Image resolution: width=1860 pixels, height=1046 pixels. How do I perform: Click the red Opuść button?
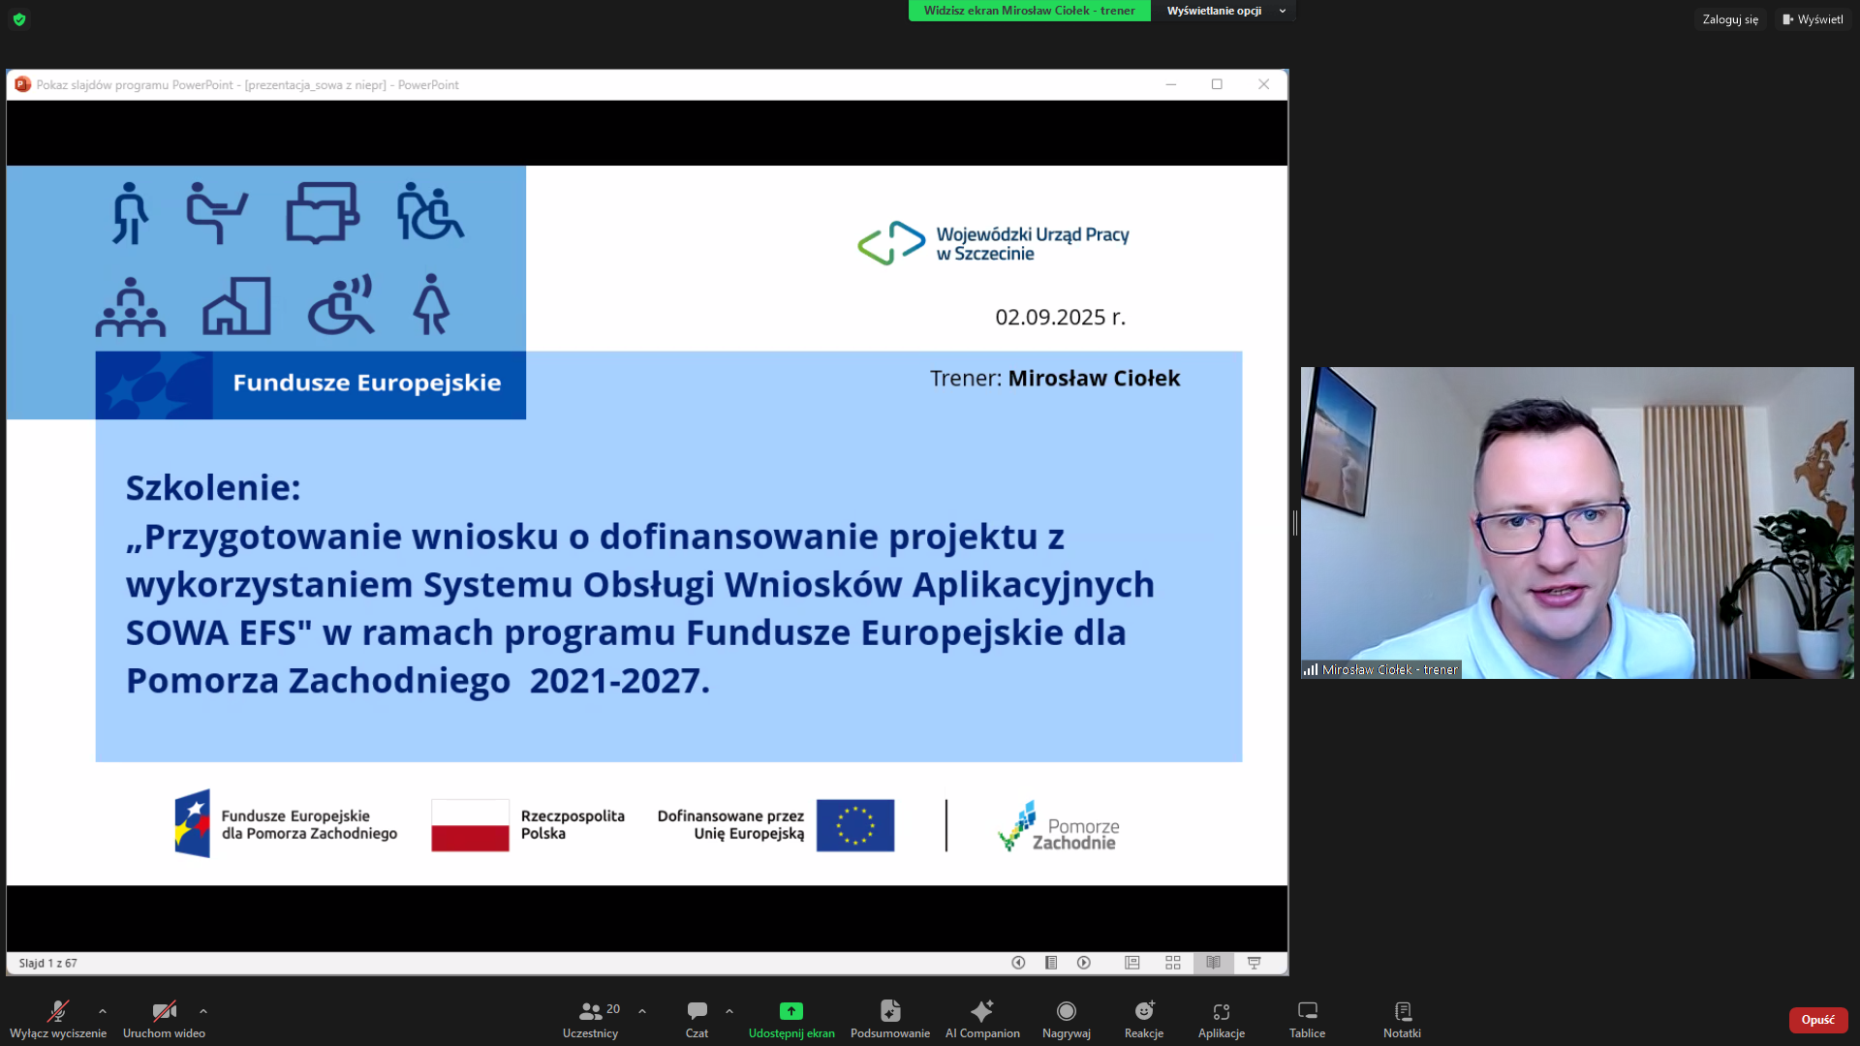[x=1817, y=1020]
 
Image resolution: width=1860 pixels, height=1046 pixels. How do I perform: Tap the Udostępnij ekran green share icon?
[x=791, y=1011]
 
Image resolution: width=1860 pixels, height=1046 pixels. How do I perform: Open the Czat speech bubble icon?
[x=697, y=1011]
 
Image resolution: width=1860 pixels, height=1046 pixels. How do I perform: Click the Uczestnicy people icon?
[x=590, y=1011]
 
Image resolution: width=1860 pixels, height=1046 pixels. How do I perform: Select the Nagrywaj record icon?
[x=1067, y=1011]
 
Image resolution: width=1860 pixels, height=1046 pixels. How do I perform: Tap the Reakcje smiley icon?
[x=1144, y=1011]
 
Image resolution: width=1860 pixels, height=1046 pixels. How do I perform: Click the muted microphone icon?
[x=58, y=1011]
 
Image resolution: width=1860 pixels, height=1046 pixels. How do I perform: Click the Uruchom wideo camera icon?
[x=165, y=1011]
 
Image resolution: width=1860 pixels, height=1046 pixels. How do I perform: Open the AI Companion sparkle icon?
[x=982, y=1011]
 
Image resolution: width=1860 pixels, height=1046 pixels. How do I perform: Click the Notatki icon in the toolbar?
[x=1403, y=1011]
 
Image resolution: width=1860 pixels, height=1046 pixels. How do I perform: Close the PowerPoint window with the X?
[x=1263, y=84]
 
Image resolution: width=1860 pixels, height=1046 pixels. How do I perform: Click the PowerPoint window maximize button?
[x=1217, y=84]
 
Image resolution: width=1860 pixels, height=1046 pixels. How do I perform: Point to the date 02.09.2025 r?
[x=1060, y=317]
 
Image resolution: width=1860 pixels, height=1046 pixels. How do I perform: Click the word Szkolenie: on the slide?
[x=213, y=487]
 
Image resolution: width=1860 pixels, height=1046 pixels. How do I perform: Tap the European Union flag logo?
[x=855, y=825]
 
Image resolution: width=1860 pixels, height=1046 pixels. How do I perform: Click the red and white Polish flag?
[x=470, y=825]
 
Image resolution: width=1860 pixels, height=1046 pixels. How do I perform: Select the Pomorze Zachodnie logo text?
[x=1076, y=834]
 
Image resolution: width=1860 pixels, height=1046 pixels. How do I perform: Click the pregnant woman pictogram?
[x=431, y=304]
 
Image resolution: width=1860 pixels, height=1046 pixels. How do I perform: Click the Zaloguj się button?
[x=1730, y=19]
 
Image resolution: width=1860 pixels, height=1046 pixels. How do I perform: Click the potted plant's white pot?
[x=1817, y=650]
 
